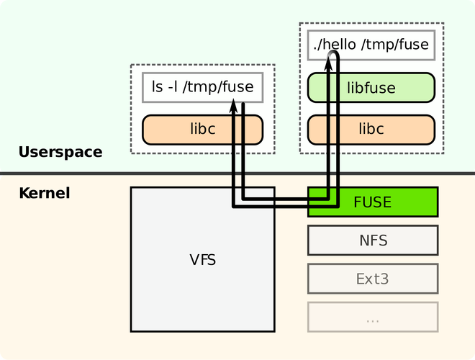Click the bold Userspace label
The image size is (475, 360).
point(60,152)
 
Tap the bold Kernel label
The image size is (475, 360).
point(45,193)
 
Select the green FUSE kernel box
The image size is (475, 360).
point(373,202)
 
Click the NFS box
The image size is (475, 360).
point(373,240)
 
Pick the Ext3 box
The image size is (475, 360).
point(373,279)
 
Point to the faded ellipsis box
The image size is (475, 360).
point(373,317)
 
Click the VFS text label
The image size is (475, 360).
point(203,260)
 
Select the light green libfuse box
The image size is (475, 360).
point(371,88)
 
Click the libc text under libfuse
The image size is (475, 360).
point(371,128)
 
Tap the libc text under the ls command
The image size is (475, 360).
point(203,128)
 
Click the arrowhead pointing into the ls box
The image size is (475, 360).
point(233,106)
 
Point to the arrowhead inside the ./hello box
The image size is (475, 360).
point(328,63)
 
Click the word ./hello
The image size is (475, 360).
point(335,45)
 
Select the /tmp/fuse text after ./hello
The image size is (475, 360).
point(395,45)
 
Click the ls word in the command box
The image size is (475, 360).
point(158,87)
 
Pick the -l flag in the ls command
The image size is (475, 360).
point(173,87)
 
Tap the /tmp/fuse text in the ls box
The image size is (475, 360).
point(218,87)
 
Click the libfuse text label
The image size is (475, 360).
point(371,88)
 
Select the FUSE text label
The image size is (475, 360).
point(373,202)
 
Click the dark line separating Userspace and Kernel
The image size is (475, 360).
point(237,174)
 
